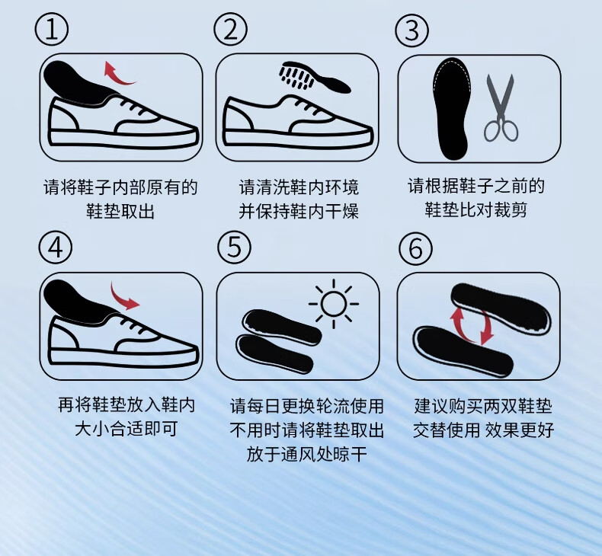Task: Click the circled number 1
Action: [x=52, y=30]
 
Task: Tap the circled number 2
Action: [x=230, y=30]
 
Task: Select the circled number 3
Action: [x=412, y=30]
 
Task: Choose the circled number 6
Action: [x=415, y=248]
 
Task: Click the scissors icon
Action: [x=500, y=108]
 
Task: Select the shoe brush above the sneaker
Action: [x=315, y=77]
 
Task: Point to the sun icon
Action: [x=334, y=304]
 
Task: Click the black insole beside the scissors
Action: [x=451, y=109]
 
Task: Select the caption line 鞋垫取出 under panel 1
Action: [x=120, y=212]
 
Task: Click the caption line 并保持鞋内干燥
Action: [x=299, y=212]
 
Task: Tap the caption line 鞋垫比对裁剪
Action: [x=476, y=210]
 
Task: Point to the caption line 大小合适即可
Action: [x=126, y=429]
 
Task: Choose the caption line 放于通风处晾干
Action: [x=306, y=454]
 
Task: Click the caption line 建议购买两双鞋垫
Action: [x=483, y=406]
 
